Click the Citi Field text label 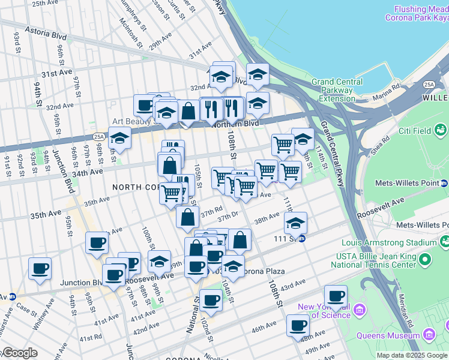414,130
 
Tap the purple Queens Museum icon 429,334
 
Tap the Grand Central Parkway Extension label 337,90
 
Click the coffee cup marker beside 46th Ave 297,325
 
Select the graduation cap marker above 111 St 295,223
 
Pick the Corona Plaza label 264,271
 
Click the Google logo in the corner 20,353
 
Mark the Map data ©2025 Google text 412,355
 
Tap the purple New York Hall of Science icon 360,310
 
